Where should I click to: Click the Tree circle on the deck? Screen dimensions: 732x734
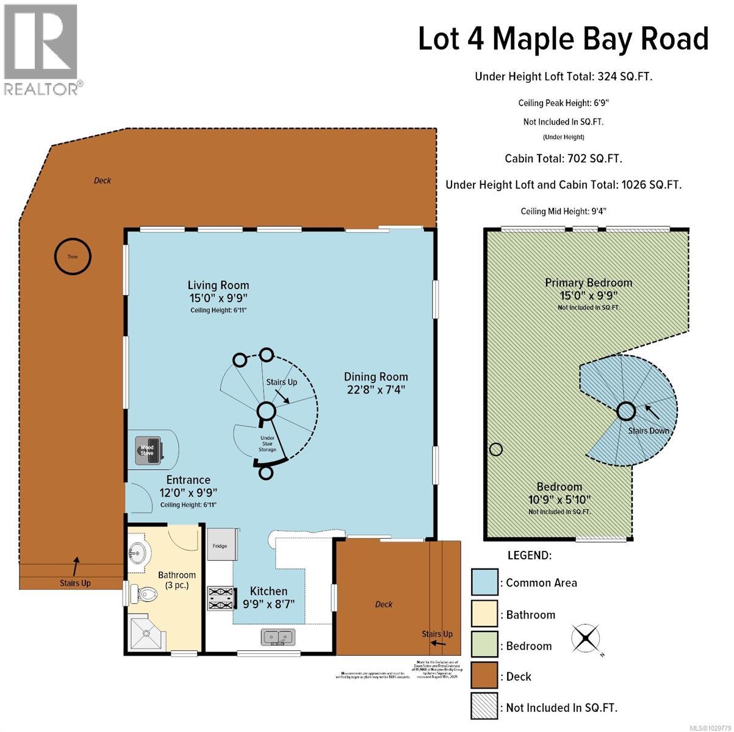pos(73,256)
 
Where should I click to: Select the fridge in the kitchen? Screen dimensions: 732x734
pos(220,545)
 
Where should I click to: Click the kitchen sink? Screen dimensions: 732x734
pos(278,637)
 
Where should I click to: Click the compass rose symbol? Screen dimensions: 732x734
pos(586,639)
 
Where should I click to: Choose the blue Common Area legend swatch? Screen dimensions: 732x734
pos(484,582)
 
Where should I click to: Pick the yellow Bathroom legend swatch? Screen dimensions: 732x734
pos(484,614)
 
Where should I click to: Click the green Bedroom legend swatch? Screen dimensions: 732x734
pos(484,645)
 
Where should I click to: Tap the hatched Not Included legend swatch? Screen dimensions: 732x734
pos(484,708)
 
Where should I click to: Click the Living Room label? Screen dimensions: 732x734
pos(218,285)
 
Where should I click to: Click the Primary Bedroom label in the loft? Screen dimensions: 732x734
pos(588,282)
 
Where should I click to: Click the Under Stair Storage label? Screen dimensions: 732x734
pos(267,443)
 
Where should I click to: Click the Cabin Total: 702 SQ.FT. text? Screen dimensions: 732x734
pos(563,159)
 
